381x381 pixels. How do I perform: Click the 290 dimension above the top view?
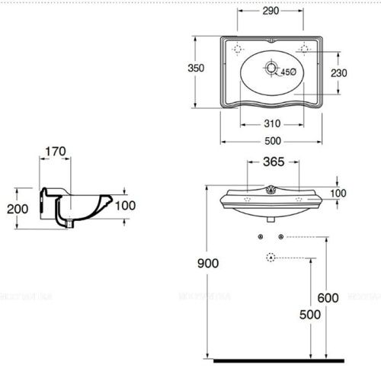point(271,11)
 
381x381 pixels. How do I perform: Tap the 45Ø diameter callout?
point(288,72)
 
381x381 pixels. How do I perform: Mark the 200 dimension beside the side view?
point(17,209)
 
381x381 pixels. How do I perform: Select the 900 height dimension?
point(207,264)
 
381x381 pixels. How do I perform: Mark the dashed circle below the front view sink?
point(271,258)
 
